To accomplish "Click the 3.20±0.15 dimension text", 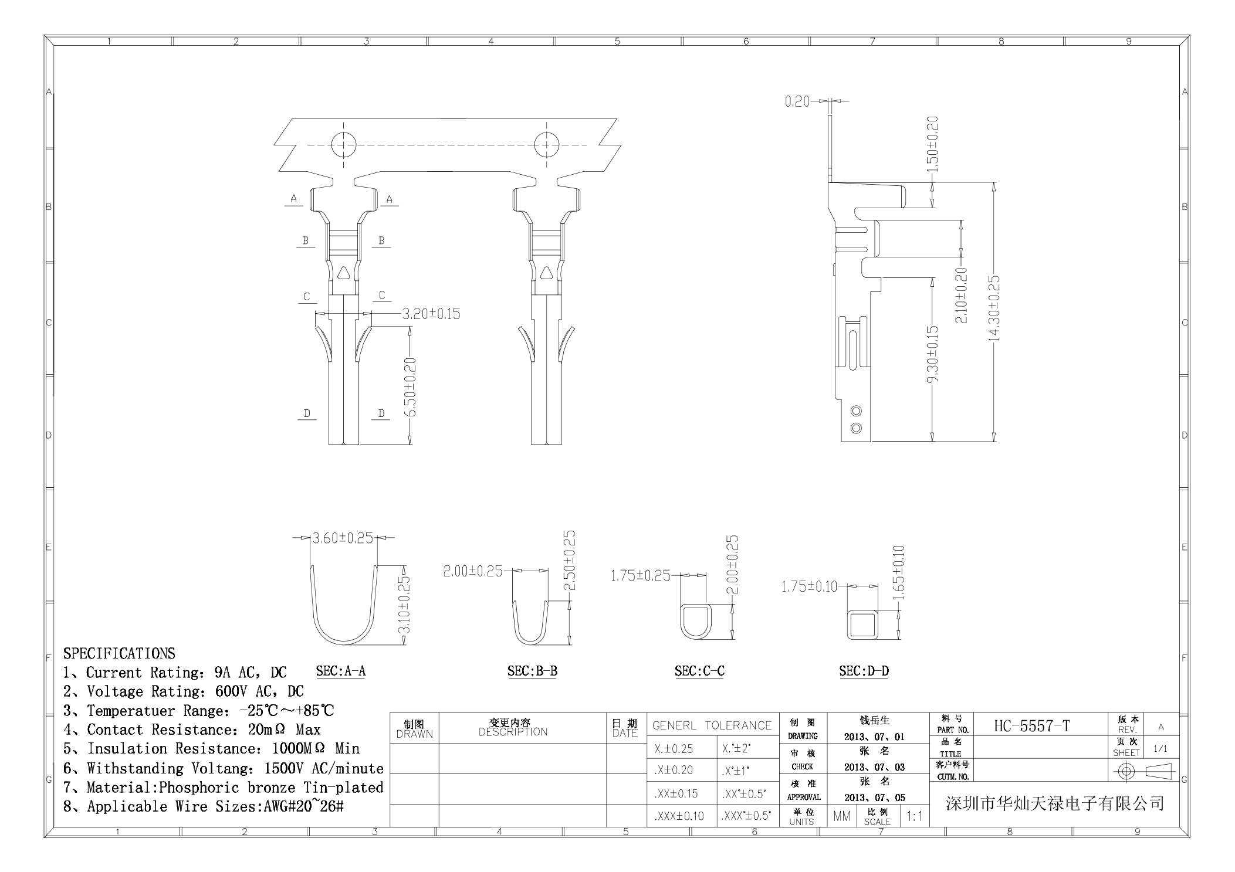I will tap(431, 314).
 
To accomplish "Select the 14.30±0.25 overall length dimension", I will tap(994, 308).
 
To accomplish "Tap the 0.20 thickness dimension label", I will tap(797, 101).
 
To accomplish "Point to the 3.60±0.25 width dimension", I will tap(343, 538).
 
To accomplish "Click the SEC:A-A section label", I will tap(340, 671).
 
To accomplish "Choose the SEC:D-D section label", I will tap(864, 671).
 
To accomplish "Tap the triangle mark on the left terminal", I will tap(343, 273).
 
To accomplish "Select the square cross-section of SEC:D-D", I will tap(862, 624).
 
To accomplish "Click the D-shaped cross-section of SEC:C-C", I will tap(696, 622).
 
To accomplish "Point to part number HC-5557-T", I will tap(1031, 726).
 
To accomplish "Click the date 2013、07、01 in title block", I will tap(874, 737).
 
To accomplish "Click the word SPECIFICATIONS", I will tap(119, 653).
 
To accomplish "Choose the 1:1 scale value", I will tap(914, 816).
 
